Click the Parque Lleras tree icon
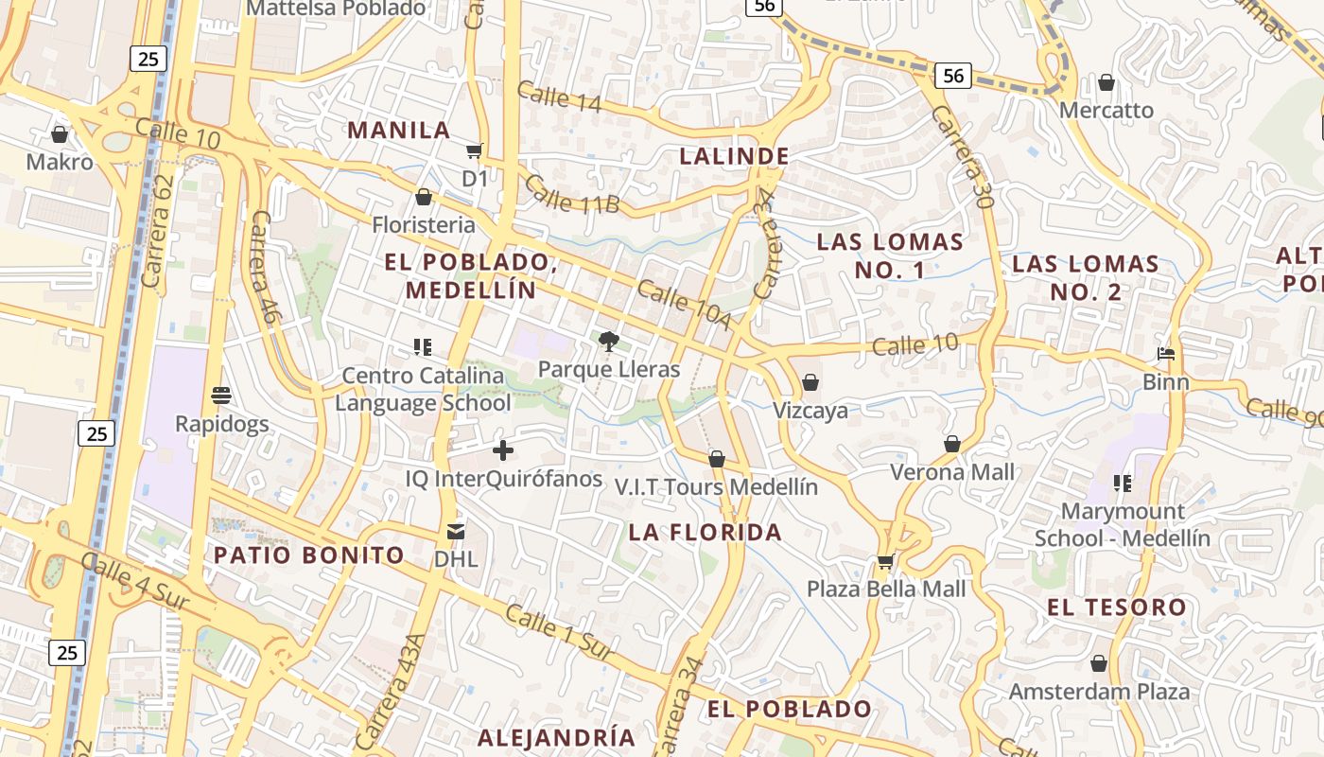click(609, 341)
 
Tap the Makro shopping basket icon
click(60, 134)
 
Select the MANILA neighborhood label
click(399, 131)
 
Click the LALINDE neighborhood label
click(734, 156)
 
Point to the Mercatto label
click(1106, 111)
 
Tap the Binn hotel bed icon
click(1166, 355)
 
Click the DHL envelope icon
click(456, 532)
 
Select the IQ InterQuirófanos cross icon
click(503, 450)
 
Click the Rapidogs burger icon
click(221, 396)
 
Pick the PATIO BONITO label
click(309, 555)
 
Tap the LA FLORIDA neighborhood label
click(706, 533)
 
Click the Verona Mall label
click(952, 472)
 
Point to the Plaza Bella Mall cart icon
click(885, 562)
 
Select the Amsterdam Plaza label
click(1099, 692)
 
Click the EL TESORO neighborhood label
click(1117, 607)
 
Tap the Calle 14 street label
click(559, 97)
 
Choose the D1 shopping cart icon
click(475, 151)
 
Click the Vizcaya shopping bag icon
click(810, 383)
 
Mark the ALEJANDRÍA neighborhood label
click(556, 737)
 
